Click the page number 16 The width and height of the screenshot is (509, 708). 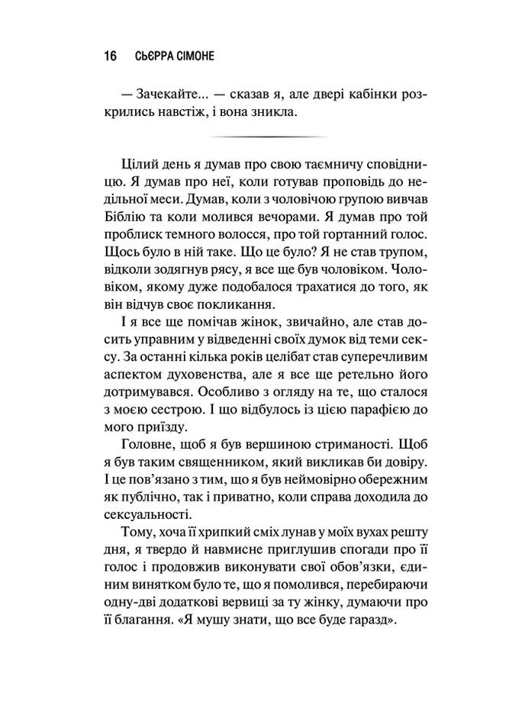point(109,56)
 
